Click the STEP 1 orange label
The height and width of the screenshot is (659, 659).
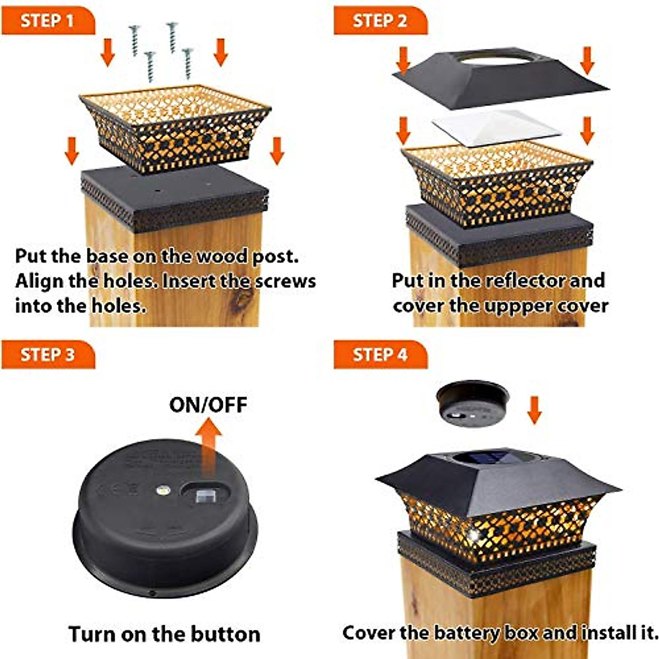[x=48, y=20]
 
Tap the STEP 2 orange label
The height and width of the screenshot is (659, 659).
[x=380, y=20]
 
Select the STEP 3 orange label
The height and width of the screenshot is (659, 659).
[x=48, y=355]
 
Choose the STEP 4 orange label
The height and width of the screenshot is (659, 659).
[x=380, y=355]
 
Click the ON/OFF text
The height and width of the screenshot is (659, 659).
[x=208, y=405]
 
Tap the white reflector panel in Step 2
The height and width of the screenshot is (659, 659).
[x=496, y=129]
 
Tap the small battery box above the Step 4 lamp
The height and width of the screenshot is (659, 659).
[x=473, y=404]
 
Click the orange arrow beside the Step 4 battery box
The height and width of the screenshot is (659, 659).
[x=534, y=410]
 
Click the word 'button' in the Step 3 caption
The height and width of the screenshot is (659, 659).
[x=225, y=634]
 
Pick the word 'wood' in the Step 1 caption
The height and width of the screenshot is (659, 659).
[x=222, y=256]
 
